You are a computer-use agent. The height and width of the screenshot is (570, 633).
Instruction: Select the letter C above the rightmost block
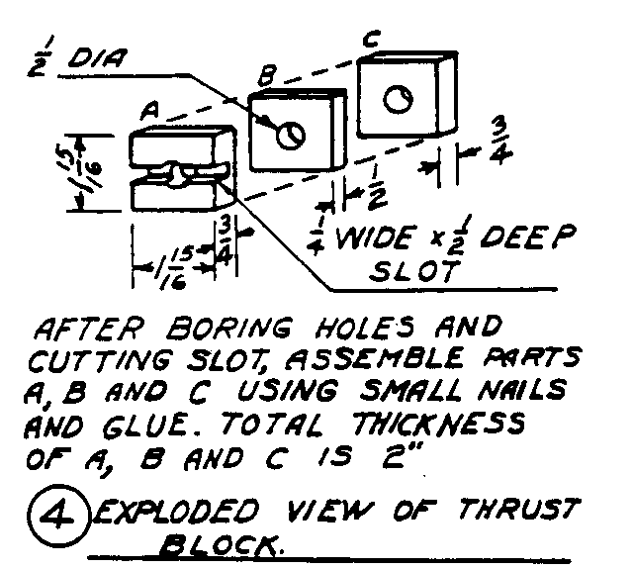(x=370, y=41)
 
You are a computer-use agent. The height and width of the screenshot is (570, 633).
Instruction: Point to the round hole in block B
(x=290, y=137)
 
